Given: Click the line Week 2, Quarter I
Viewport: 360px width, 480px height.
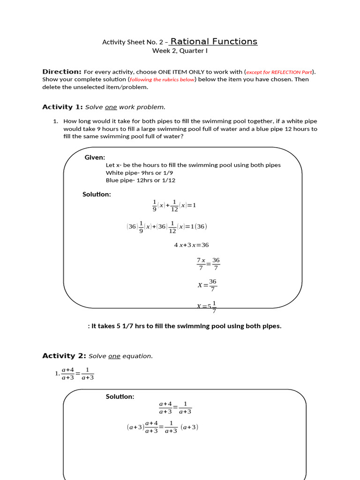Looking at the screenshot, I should [x=180, y=51].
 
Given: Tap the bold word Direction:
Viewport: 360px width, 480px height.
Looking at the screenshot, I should [x=62, y=72].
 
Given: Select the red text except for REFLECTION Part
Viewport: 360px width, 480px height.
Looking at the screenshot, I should [x=279, y=72].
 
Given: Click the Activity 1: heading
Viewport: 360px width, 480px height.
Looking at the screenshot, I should [x=62, y=107].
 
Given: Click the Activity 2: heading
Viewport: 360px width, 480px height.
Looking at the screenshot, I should [x=62, y=356].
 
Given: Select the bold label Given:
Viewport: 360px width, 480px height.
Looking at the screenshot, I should [x=95, y=157].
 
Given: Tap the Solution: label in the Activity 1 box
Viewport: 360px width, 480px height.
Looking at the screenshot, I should [x=97, y=195].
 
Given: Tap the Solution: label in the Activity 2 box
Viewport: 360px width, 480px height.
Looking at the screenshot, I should [x=120, y=397].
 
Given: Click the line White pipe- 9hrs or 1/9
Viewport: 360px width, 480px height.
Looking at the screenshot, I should [x=139, y=172].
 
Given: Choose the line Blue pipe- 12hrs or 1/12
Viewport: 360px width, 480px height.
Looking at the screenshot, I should [x=141, y=180].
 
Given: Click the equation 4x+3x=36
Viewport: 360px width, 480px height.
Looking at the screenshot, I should [x=191, y=245].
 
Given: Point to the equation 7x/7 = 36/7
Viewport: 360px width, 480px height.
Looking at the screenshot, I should [x=208, y=263].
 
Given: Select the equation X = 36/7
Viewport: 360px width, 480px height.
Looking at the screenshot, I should [x=207, y=285].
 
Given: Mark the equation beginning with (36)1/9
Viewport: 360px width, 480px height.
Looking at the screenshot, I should [x=166, y=226].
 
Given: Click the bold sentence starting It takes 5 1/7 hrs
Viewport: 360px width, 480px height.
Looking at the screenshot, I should [x=185, y=326].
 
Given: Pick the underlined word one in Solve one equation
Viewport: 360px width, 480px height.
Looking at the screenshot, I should [x=114, y=356].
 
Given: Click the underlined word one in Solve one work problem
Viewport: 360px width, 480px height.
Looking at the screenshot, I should [x=111, y=107].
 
